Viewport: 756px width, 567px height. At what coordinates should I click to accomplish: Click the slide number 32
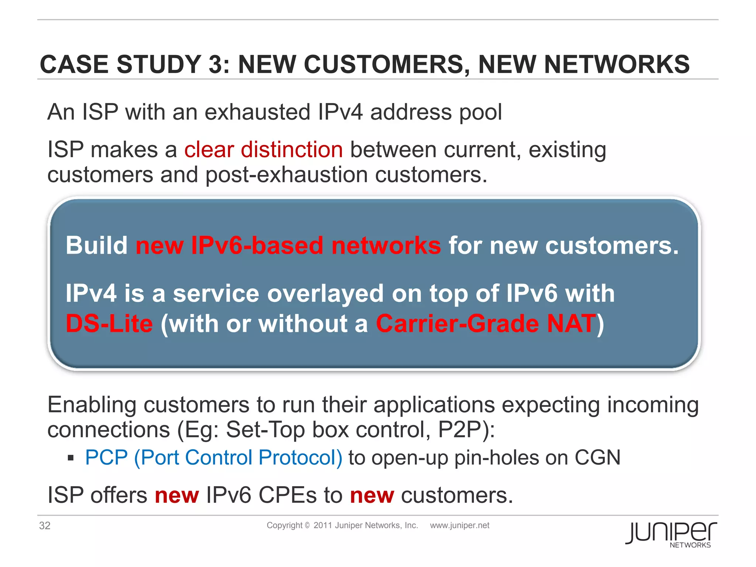click(x=45, y=525)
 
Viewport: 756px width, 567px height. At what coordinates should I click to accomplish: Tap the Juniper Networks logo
click(x=671, y=534)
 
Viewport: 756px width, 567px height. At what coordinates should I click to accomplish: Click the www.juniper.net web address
click(x=460, y=525)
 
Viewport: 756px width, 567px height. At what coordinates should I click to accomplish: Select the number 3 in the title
click(x=215, y=65)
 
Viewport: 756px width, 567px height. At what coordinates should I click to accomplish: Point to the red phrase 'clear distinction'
click(x=264, y=150)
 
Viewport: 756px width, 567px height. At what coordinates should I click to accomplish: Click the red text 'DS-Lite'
click(x=109, y=323)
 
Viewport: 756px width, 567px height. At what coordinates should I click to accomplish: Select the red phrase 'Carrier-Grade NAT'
click(x=486, y=323)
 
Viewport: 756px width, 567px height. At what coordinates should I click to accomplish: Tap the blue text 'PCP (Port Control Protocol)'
click(x=214, y=457)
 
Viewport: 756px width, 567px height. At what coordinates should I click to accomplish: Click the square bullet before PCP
click(x=71, y=458)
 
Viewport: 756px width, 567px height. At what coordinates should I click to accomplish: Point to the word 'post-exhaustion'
click(x=286, y=175)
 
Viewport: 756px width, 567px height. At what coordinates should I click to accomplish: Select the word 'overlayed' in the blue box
click(x=325, y=293)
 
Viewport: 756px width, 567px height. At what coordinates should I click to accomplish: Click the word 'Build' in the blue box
click(x=97, y=245)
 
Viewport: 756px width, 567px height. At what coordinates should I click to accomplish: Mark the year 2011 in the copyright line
click(x=322, y=525)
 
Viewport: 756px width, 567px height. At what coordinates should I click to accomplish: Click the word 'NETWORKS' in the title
click(x=617, y=65)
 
